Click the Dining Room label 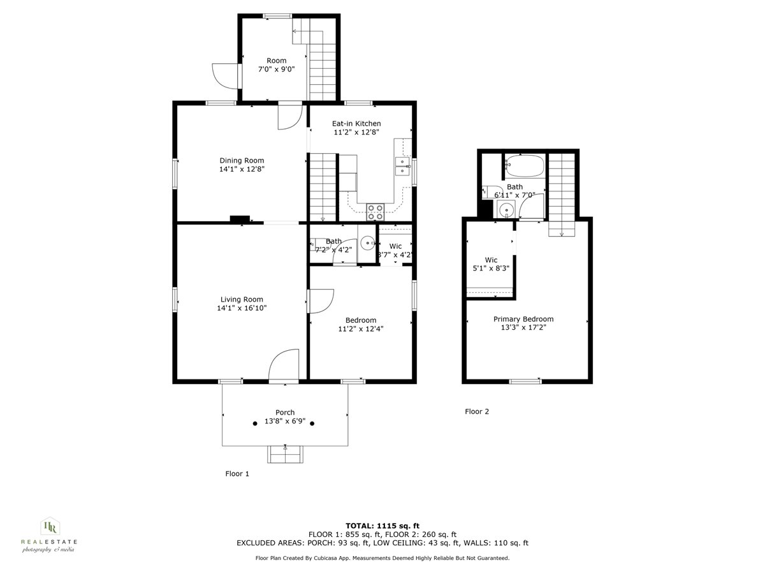242,161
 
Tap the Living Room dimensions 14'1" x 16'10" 242,308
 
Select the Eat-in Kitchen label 356,124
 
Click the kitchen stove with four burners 375,211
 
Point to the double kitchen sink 402,166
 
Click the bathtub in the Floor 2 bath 524,167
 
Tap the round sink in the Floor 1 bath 368,243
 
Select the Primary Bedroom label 523,319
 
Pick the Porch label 285,413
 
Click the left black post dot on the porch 255,423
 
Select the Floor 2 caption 477,411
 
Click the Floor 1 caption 237,474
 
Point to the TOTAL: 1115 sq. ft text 382,525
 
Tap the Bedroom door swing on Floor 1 321,301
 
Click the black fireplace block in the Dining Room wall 240,219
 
